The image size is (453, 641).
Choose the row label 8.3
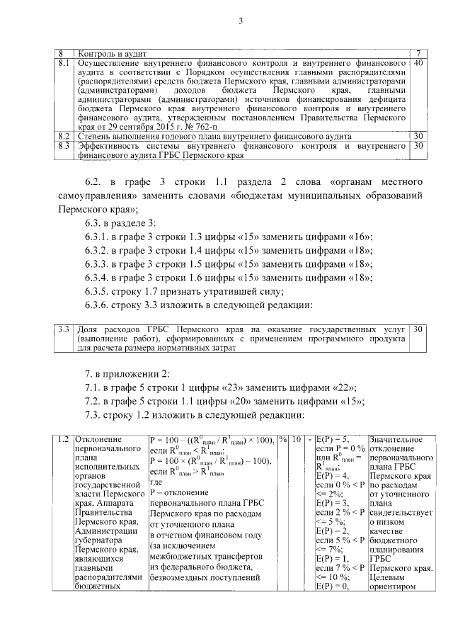pyautogui.click(x=63, y=145)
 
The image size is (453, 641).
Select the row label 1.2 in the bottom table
pyautogui.click(x=63, y=440)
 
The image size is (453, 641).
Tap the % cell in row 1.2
pyautogui.click(x=283, y=440)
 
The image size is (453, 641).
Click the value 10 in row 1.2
pyautogui.click(x=297, y=440)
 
